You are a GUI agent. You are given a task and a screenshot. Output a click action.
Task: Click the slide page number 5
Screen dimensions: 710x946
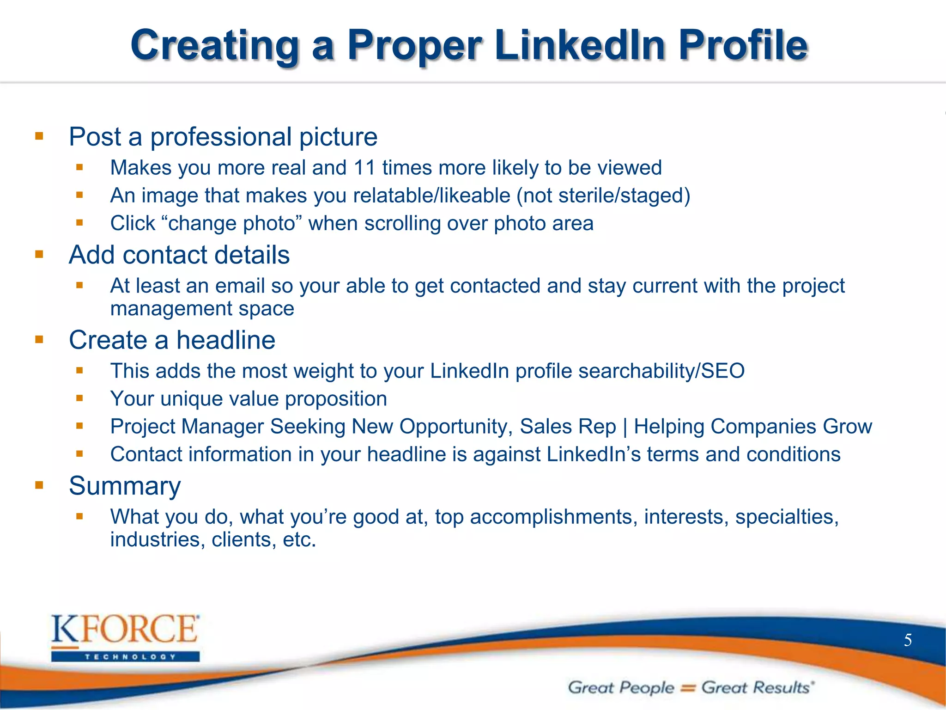point(908,640)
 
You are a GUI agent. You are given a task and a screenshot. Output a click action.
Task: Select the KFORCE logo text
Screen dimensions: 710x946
point(125,629)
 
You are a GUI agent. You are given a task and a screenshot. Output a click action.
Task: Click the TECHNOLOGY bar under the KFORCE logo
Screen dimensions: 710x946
point(125,656)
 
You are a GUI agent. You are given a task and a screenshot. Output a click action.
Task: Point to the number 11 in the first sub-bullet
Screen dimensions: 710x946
point(364,168)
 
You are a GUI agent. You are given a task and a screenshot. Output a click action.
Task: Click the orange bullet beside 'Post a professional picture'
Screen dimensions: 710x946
point(39,136)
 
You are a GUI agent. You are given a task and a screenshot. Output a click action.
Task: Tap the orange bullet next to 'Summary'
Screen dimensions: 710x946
point(39,485)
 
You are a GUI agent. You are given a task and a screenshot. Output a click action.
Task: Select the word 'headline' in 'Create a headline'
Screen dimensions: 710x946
point(226,340)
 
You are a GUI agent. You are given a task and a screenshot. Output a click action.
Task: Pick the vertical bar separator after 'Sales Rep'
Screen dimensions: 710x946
point(625,427)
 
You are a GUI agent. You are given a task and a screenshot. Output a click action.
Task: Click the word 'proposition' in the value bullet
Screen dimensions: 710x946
point(336,399)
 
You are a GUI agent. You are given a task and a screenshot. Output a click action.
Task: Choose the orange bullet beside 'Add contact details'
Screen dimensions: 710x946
point(39,254)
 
